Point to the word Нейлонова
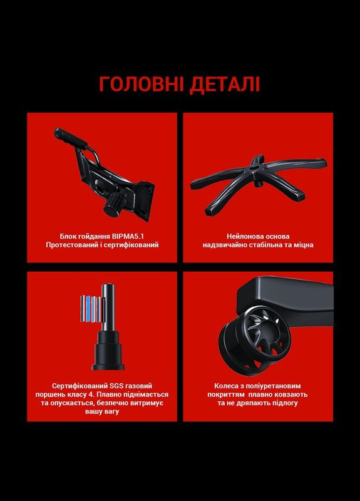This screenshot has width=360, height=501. [x=242, y=237]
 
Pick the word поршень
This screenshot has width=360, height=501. [x=49, y=395]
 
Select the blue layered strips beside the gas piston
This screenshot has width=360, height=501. [x=90, y=309]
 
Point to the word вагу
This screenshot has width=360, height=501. [x=112, y=411]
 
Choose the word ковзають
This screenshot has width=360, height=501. [x=292, y=395]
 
